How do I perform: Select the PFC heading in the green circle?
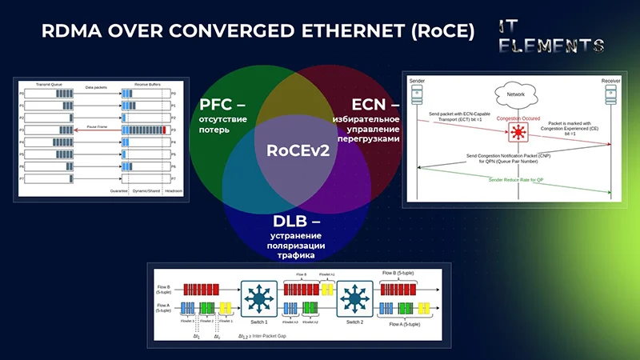point(223,105)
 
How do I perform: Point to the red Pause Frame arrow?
point(96,128)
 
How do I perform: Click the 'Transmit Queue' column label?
point(50,83)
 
